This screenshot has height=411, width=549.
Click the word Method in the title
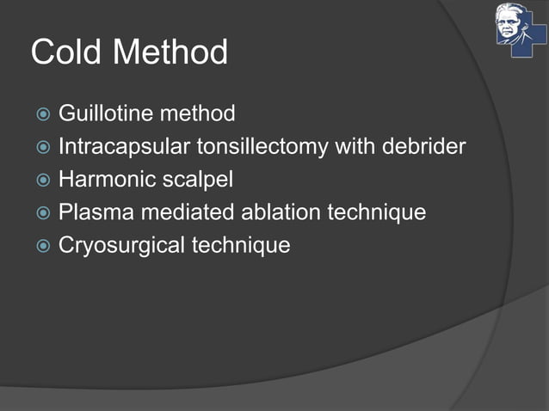[x=170, y=52]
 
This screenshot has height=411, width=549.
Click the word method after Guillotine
[x=197, y=113]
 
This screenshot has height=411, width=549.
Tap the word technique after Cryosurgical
[x=241, y=245]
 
